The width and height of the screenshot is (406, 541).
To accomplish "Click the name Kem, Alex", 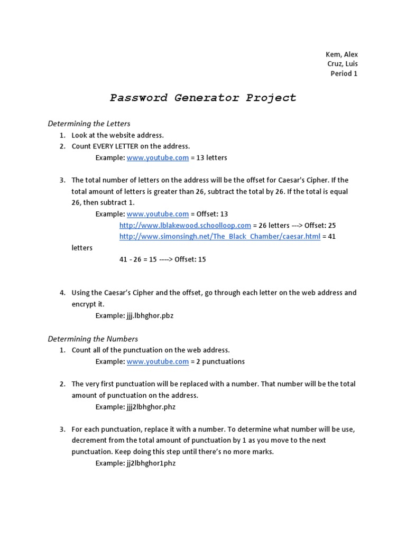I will click(342, 54).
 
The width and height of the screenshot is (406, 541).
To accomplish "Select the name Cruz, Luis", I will click(342, 64).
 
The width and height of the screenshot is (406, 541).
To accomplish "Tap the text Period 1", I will click(344, 73).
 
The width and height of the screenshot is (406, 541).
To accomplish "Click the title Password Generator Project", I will click(203, 98).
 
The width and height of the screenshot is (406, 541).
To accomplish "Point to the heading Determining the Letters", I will click(89, 124).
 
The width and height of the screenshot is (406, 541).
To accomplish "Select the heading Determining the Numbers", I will click(93, 339).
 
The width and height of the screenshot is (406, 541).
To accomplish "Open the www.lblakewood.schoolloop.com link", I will click(185, 225).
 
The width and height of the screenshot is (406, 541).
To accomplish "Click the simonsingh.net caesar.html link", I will click(219, 236).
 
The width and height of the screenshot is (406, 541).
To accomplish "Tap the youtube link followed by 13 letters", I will click(158, 157).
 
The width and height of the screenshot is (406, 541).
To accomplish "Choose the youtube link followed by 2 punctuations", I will click(158, 361).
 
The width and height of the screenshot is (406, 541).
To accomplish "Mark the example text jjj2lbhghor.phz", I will click(151, 407).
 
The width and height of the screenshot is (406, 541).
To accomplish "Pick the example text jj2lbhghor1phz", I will click(151, 463).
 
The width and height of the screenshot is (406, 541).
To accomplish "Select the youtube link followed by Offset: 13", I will click(158, 214).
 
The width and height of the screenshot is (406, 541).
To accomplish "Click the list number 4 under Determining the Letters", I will click(62, 293).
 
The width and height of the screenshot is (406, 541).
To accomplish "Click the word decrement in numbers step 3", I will click(89, 441).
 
